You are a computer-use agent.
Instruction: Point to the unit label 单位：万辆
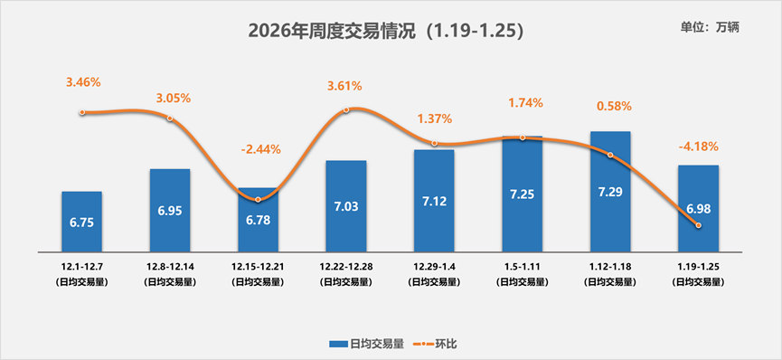[710, 27]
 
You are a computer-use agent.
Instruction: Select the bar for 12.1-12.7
[81, 222]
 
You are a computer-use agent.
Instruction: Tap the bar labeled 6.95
[170, 210]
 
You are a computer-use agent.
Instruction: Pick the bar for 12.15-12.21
[258, 221]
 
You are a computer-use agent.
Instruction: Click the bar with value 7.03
[346, 206]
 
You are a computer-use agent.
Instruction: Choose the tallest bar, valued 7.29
[610, 192]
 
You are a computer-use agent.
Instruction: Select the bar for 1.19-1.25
[698, 208]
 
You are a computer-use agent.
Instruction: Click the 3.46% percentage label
[83, 82]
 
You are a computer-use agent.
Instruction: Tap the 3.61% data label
[344, 86]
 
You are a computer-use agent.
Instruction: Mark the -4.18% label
[698, 147]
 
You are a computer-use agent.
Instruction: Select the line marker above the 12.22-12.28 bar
[346, 110]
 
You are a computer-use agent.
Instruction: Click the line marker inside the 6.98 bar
[698, 225]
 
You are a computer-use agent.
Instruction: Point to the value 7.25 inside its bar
[523, 195]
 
